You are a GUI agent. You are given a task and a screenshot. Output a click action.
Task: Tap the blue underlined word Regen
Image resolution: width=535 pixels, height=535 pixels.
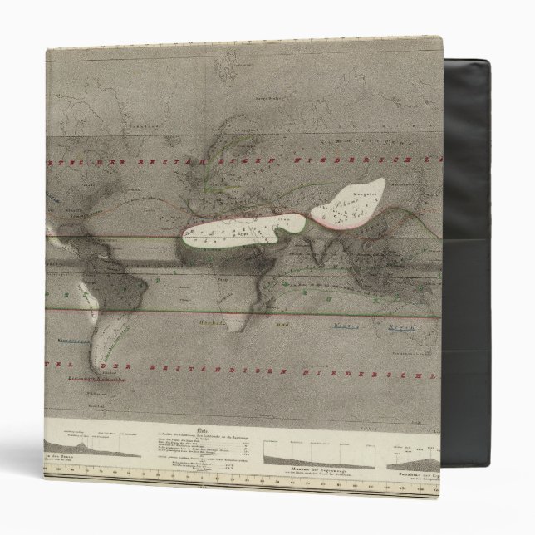(404, 328)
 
